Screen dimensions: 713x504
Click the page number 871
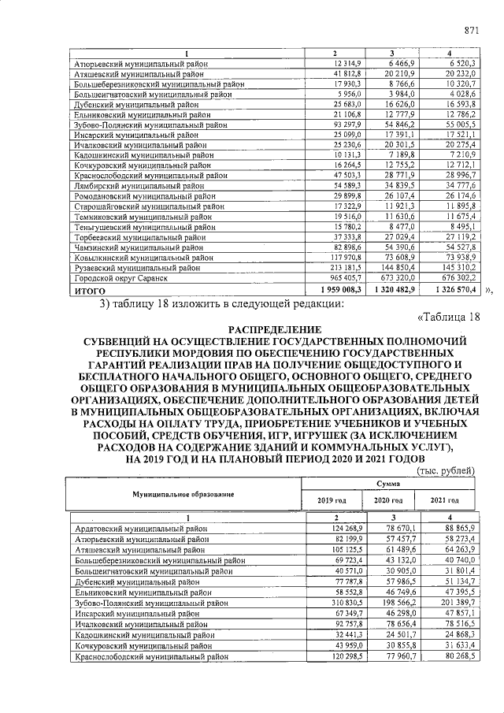471,31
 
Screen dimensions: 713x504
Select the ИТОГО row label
90,290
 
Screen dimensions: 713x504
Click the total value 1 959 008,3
334,290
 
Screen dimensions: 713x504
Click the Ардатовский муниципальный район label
141,527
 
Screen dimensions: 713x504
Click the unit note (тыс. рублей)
445,470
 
